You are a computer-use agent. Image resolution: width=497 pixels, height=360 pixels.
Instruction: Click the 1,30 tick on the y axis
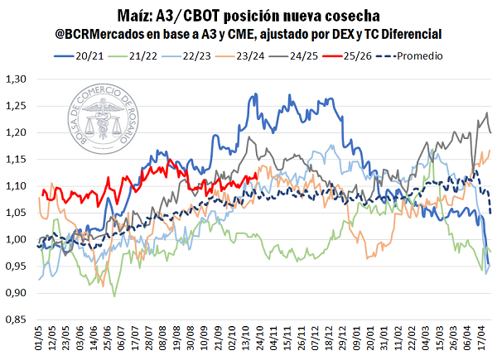(16, 79)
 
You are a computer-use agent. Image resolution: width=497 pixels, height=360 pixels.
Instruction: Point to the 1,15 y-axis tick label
(16, 160)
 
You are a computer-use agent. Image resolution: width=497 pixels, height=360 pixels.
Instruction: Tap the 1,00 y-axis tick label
(16, 240)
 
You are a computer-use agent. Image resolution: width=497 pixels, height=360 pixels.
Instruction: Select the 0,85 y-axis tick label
(16, 319)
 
